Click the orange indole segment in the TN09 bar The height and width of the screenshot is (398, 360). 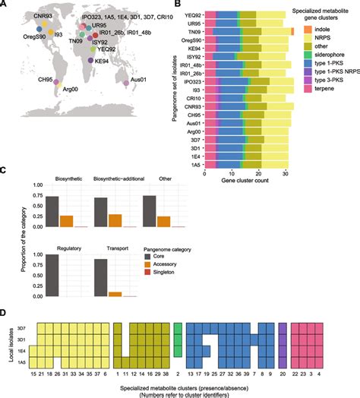click(292, 31)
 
